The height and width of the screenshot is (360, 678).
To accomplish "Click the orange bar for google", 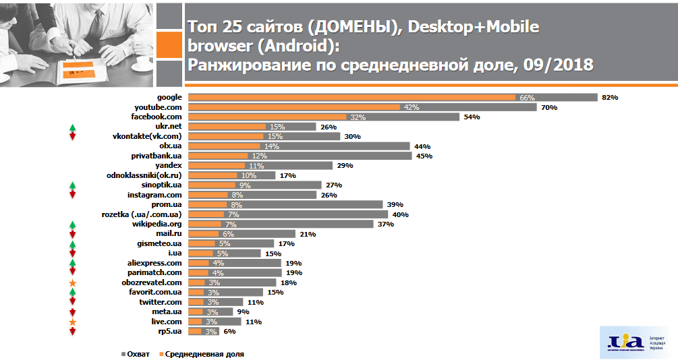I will (x=351, y=97).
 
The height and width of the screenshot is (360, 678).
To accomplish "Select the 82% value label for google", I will (x=610, y=97).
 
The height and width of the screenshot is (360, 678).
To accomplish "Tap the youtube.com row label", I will (x=159, y=107).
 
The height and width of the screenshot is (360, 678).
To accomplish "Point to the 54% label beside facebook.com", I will (x=471, y=117).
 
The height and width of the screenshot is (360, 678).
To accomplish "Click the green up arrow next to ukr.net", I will (x=73, y=127).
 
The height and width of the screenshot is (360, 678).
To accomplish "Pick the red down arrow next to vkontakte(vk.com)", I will (x=73, y=136).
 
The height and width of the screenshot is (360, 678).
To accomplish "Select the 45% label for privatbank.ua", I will (x=424, y=156).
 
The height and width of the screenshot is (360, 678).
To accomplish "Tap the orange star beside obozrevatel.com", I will (x=73, y=283).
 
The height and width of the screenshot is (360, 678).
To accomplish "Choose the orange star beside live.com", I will (x=73, y=322).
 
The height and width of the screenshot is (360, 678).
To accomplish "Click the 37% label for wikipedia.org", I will (x=385, y=224).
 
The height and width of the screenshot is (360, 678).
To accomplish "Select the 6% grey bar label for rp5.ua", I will (x=229, y=332).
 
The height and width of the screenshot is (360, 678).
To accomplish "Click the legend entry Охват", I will (x=135, y=353).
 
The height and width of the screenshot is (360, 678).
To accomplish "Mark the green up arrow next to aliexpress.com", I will (x=73, y=263).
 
